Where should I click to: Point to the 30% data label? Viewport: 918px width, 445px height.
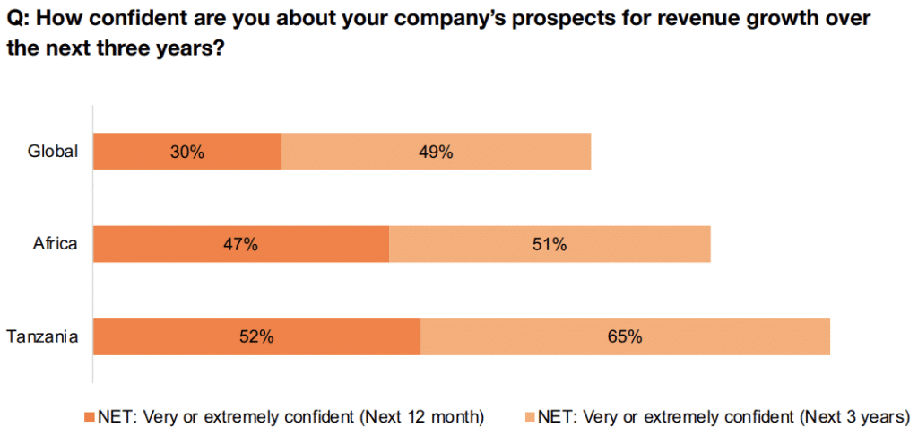pos(187,152)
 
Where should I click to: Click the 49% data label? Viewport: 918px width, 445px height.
pos(436,152)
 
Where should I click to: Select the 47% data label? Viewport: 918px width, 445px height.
pos(241,244)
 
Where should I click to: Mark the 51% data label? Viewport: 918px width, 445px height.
pos(550,244)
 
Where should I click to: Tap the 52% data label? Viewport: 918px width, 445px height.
pos(256,337)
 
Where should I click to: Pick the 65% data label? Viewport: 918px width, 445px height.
pos(625,337)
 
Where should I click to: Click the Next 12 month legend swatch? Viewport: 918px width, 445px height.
pos(88,416)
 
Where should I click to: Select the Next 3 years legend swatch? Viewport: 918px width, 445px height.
pos(529,416)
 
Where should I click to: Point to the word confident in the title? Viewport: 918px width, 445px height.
pos(137,19)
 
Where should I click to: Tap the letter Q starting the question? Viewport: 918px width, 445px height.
pos(14,19)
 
